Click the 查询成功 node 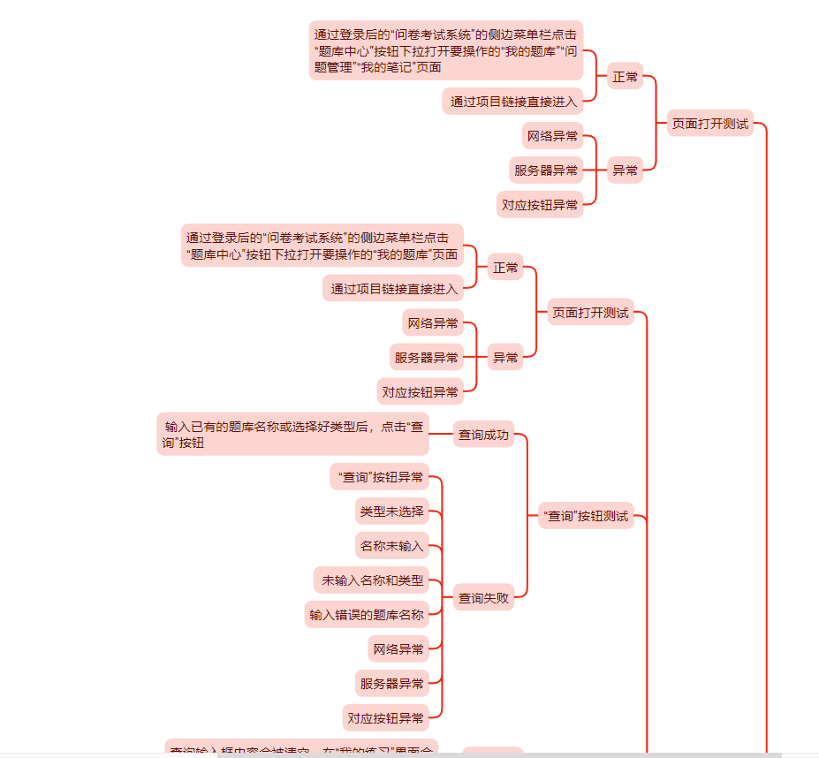click(x=483, y=434)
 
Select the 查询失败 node click(x=483, y=598)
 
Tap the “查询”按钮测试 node click(x=586, y=516)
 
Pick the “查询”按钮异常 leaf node click(x=381, y=478)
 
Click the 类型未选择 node click(x=391, y=512)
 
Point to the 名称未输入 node click(x=391, y=546)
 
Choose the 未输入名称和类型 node click(x=372, y=580)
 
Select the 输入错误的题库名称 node click(x=366, y=615)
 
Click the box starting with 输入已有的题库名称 click(x=292, y=435)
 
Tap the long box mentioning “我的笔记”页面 click(x=446, y=51)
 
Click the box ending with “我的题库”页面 click(x=322, y=246)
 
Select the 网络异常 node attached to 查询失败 click(x=398, y=649)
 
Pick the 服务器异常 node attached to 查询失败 click(x=391, y=683)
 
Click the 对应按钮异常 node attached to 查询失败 click(x=385, y=717)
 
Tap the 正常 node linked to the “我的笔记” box click(x=625, y=77)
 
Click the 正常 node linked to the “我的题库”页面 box click(x=505, y=268)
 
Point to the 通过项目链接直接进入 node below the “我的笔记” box click(x=512, y=102)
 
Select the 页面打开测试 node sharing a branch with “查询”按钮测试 click(x=590, y=312)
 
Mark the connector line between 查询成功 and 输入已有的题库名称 click(x=441, y=434)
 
